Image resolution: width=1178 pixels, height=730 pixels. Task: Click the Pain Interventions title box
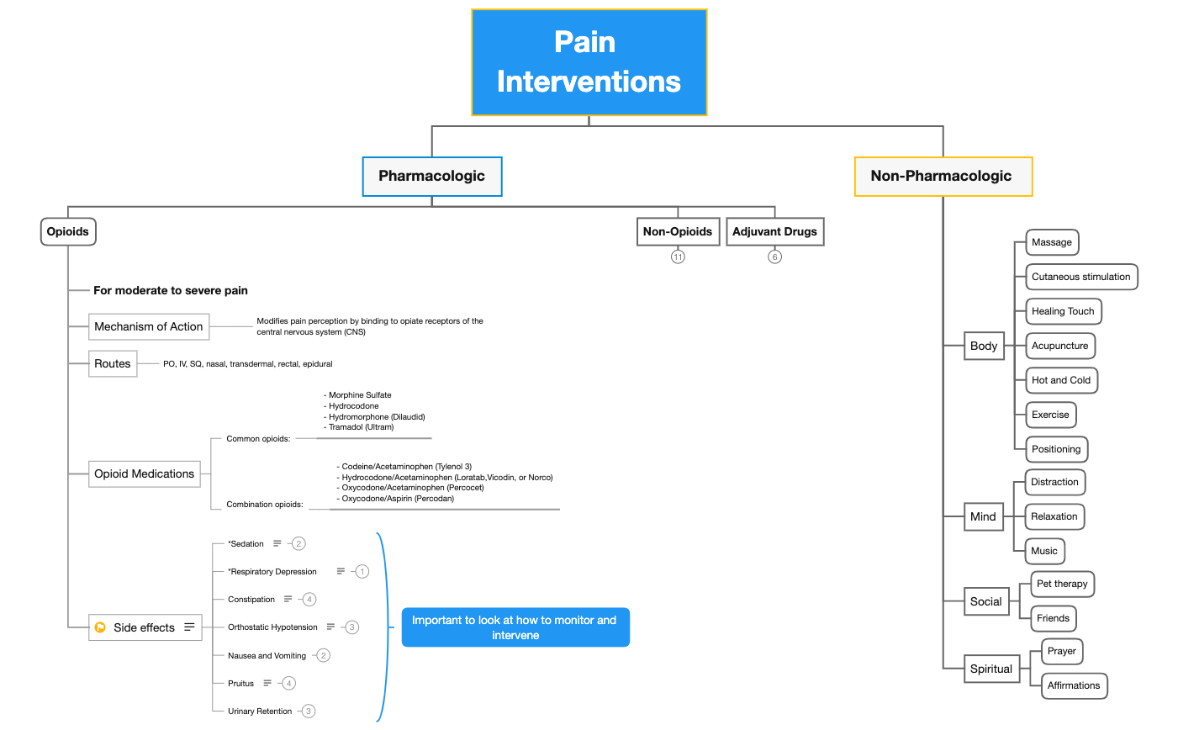pyautogui.click(x=589, y=62)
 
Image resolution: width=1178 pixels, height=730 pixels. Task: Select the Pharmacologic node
pyautogui.click(x=431, y=176)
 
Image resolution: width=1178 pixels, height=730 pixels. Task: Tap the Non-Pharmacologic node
pyautogui.click(x=943, y=176)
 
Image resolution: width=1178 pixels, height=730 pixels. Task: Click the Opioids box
pyautogui.click(x=68, y=231)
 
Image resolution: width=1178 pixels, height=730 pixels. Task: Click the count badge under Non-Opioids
pyautogui.click(x=678, y=257)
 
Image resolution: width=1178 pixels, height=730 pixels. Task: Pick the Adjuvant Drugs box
pyautogui.click(x=774, y=231)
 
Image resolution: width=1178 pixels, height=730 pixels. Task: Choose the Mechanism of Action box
pyautogui.click(x=149, y=326)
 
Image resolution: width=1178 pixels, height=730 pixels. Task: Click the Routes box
pyautogui.click(x=113, y=363)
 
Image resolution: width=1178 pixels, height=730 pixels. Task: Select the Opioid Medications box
pyautogui.click(x=145, y=473)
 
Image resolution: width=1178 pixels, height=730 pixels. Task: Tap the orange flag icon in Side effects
pyautogui.click(x=101, y=627)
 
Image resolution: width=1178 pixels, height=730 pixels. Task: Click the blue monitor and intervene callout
pyautogui.click(x=515, y=627)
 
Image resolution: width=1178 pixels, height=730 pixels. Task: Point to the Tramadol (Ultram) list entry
pyautogui.click(x=361, y=427)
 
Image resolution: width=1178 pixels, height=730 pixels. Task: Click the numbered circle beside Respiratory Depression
pyautogui.click(x=362, y=572)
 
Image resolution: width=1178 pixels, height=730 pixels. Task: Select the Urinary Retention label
pyautogui.click(x=260, y=711)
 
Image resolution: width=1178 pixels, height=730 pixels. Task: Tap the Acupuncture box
pyautogui.click(x=1060, y=346)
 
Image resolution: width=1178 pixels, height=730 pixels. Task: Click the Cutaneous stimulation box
pyautogui.click(x=1081, y=277)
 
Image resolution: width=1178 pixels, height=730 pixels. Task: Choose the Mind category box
pyautogui.click(x=983, y=516)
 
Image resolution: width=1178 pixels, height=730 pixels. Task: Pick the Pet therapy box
pyautogui.click(x=1062, y=584)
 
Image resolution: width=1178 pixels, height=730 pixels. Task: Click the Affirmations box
pyautogui.click(x=1074, y=685)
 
